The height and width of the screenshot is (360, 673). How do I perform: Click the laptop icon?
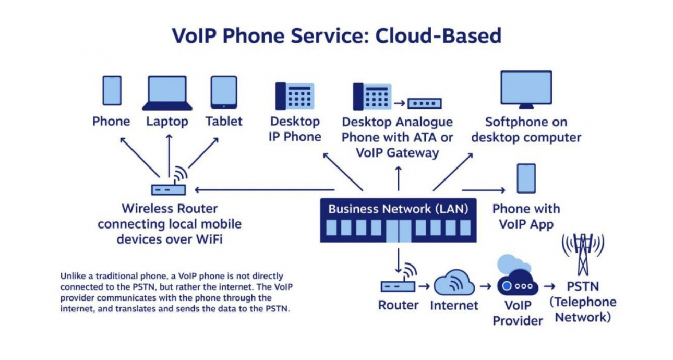tap(167, 93)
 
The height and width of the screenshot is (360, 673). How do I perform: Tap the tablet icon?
tap(224, 92)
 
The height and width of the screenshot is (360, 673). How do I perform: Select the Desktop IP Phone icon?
tap(295, 96)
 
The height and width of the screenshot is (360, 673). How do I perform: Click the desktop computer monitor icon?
tap(526, 89)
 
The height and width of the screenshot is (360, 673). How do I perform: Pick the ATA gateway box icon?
tap(425, 103)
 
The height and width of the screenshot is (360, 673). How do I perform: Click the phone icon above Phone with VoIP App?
tap(526, 178)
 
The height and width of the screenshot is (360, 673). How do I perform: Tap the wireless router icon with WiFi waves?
tap(169, 181)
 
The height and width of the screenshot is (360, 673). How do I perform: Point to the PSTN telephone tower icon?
tap(583, 254)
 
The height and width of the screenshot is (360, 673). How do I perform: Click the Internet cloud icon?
tap(454, 282)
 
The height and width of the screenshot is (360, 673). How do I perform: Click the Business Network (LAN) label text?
tap(398, 209)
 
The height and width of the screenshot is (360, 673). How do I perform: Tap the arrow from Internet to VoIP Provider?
tap(486, 286)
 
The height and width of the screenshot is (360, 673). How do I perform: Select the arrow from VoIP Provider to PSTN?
tap(549, 286)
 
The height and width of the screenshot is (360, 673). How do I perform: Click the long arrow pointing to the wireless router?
tap(265, 189)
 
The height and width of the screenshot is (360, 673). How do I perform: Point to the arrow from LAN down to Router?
tap(399, 260)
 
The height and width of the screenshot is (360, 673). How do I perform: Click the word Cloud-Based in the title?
tap(438, 36)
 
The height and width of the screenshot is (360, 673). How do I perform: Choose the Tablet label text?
tap(224, 122)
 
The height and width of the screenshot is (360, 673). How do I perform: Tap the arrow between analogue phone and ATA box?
tap(400, 103)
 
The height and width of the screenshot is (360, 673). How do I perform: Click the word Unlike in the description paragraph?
tap(74, 276)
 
